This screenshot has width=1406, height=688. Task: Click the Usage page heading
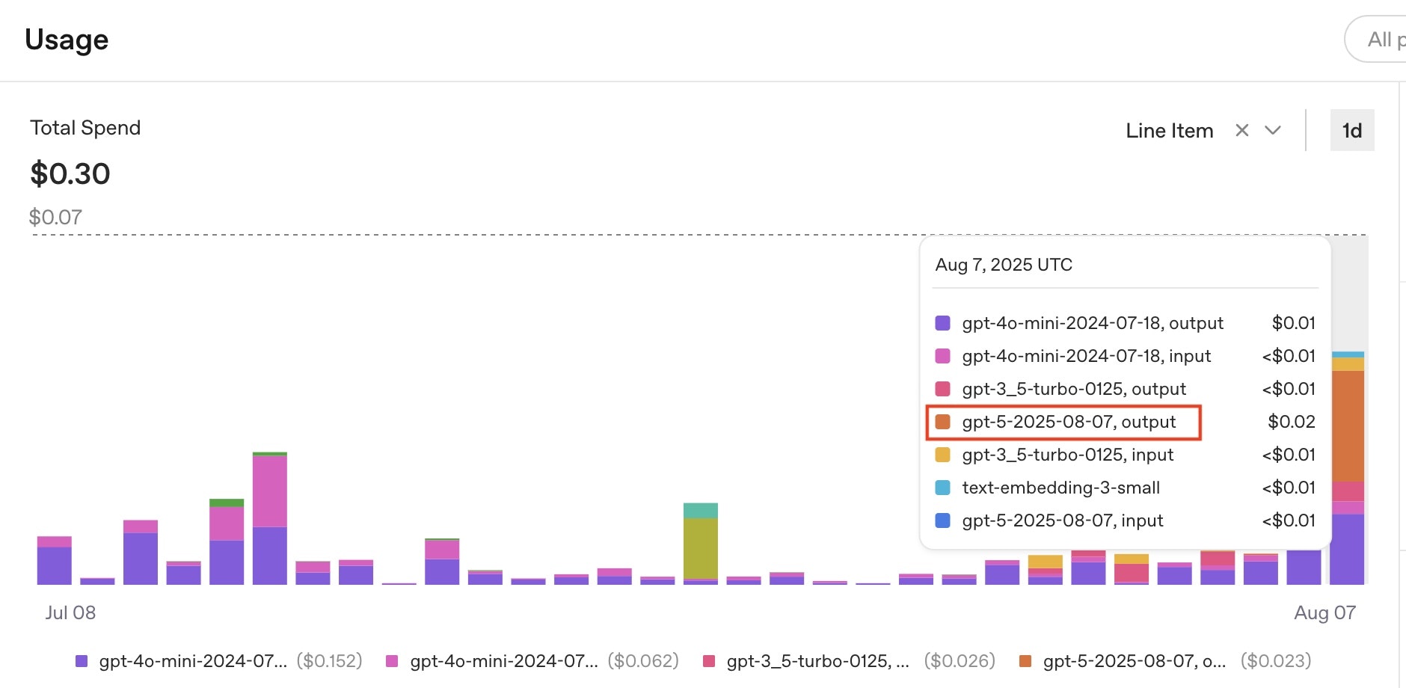(x=67, y=40)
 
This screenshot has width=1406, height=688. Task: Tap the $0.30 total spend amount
(x=70, y=174)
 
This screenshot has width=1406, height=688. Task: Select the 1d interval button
(x=1351, y=131)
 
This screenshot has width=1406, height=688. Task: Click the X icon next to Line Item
(x=1242, y=130)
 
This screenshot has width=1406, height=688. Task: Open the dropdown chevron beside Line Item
(x=1273, y=130)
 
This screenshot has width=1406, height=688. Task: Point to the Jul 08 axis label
(x=70, y=612)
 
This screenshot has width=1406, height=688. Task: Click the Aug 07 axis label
(x=1324, y=612)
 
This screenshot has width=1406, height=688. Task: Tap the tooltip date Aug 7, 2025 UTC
(x=1004, y=265)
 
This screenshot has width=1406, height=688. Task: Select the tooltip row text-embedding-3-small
(x=1060, y=488)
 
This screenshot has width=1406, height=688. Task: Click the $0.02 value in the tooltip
(x=1292, y=422)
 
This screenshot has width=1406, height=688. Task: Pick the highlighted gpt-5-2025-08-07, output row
(x=1069, y=422)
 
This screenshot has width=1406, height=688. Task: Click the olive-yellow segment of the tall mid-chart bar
(x=701, y=547)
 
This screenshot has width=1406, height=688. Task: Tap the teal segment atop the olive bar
(x=701, y=511)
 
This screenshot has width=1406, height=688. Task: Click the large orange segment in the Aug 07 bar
(x=1348, y=426)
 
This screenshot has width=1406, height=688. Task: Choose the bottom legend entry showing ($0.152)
(x=218, y=661)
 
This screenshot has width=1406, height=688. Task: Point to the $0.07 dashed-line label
(x=55, y=217)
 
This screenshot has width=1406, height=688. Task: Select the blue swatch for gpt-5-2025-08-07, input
(x=942, y=520)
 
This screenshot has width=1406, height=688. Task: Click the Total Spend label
(x=85, y=128)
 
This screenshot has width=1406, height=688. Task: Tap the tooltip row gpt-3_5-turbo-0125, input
(x=1067, y=455)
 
